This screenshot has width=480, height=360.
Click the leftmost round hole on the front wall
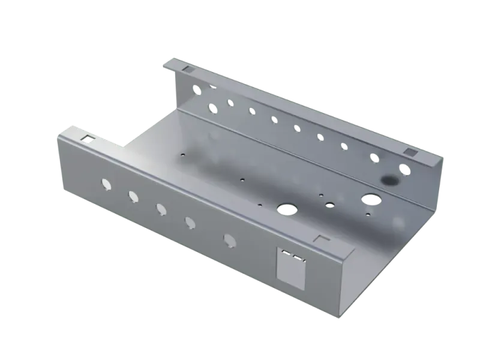click(106, 182)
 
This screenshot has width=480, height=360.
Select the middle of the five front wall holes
click(161, 208)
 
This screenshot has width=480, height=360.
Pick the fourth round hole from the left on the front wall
click(190, 223)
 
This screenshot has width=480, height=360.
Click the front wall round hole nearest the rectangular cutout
click(229, 240)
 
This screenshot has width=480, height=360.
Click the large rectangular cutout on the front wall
click(292, 271)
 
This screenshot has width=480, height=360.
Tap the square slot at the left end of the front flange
click(88, 139)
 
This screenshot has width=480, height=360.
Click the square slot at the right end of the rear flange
click(411, 152)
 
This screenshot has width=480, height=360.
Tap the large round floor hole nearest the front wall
click(286, 208)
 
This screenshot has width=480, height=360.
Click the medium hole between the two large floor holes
click(329, 205)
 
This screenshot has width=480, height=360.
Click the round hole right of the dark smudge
click(406, 170)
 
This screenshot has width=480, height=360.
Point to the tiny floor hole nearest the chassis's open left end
click(180, 154)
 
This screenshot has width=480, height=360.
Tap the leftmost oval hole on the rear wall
click(211, 108)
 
